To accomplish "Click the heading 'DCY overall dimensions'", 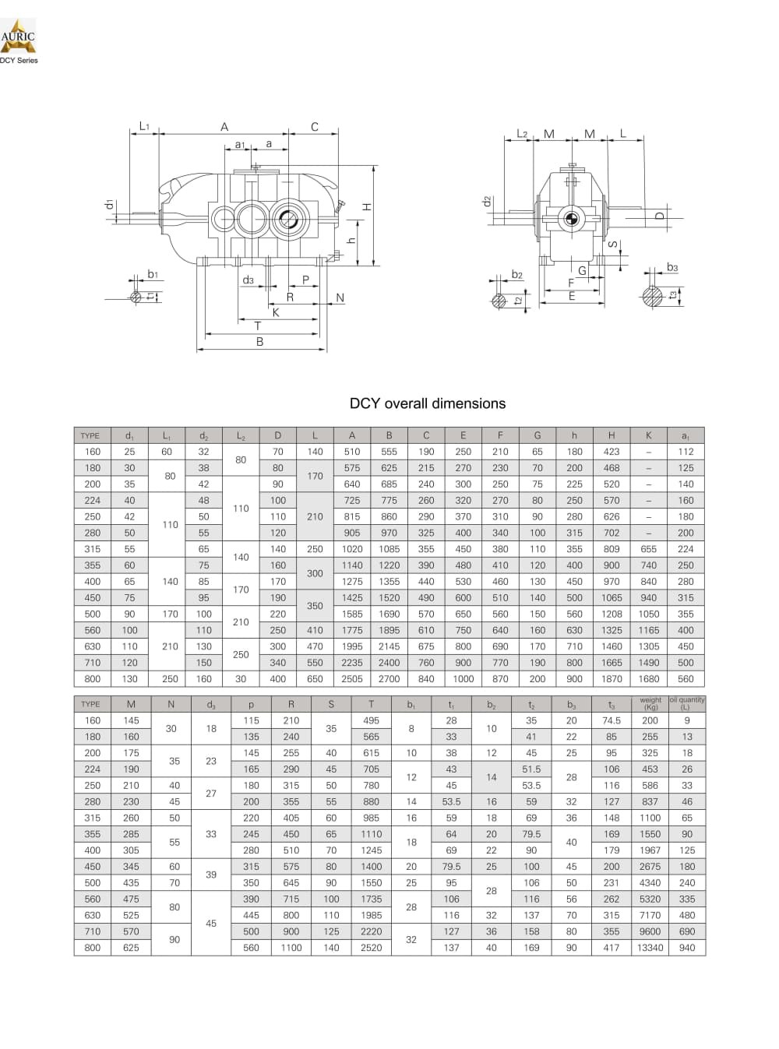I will point(428,403).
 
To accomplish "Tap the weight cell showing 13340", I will point(650,948).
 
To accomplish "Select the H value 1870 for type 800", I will point(612,679).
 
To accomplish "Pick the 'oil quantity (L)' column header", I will point(686,703).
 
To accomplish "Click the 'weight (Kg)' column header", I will point(650,703).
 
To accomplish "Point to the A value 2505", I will point(352,679).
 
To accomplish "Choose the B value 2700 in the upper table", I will point(389,679).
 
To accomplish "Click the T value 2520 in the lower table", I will point(372,948).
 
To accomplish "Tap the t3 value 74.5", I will point(612,721).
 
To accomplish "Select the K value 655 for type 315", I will point(648,549).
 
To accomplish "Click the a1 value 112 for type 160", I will point(686,452).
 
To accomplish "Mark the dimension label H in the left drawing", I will point(367,207).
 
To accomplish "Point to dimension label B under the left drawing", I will point(260,342).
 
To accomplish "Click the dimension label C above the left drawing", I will point(315,127).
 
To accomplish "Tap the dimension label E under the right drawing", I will point(572,297).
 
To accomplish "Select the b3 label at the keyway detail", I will point(672,268).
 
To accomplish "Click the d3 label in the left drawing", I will point(248,280).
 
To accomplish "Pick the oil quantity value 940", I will point(686,948).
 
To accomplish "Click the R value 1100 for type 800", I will point(291,948).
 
